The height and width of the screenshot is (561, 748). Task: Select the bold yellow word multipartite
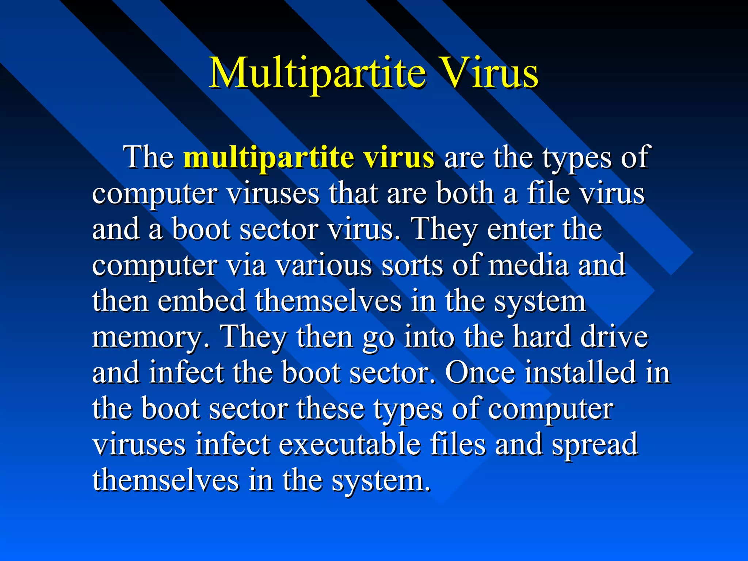pos(268,157)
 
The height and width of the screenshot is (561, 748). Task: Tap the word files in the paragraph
pos(458,444)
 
